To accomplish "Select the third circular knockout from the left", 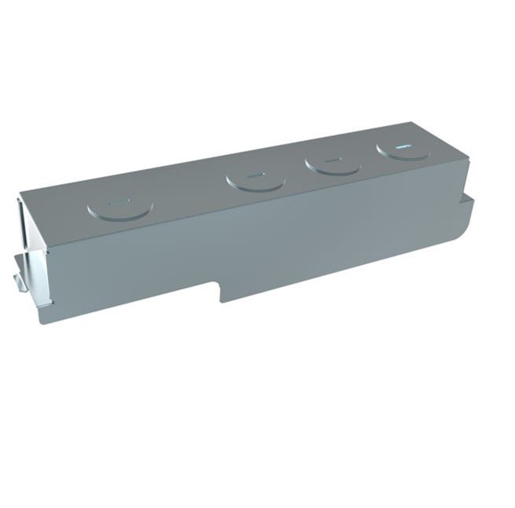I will [x=333, y=164].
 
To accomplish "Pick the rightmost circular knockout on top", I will [x=403, y=149].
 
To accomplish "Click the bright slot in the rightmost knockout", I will [x=403, y=145].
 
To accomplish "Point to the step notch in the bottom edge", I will [x=219, y=291].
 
